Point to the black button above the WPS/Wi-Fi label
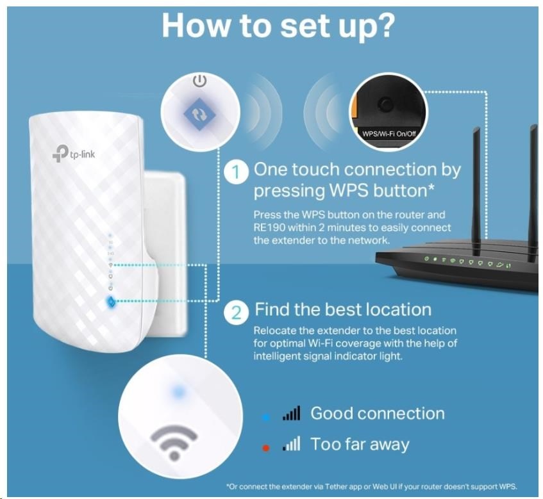(x=386, y=103)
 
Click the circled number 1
(x=237, y=172)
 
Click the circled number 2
(x=237, y=313)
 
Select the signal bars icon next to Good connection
(x=291, y=414)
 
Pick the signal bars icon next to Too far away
(x=291, y=444)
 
